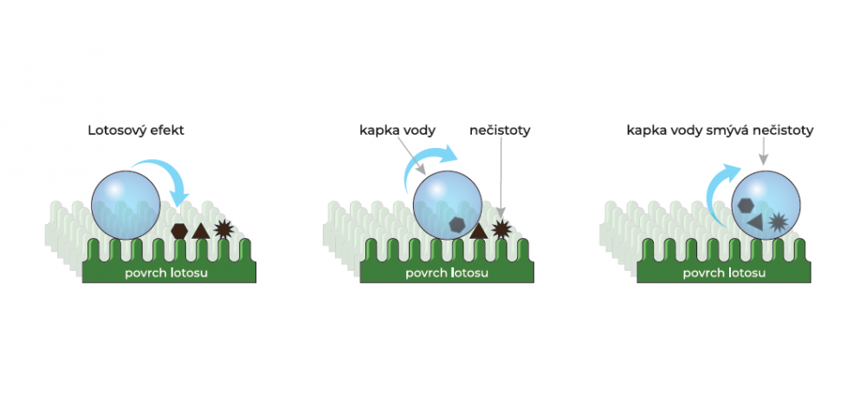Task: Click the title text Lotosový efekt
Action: pyautogui.click(x=135, y=131)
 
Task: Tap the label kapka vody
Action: pyautogui.click(x=397, y=131)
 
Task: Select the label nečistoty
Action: pyautogui.click(x=500, y=131)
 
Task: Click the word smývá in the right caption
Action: pyautogui.click(x=743, y=132)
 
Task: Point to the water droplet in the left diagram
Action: pyautogui.click(x=126, y=205)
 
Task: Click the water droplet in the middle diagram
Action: pyautogui.click(x=448, y=205)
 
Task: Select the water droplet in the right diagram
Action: pyautogui.click(x=766, y=205)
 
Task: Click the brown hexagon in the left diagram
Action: pyautogui.click(x=179, y=231)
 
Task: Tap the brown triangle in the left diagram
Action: pyautogui.click(x=201, y=230)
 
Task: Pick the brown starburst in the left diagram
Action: pyautogui.click(x=223, y=229)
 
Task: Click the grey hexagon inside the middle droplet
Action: pyautogui.click(x=456, y=224)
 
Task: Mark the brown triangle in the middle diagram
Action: pyautogui.click(x=478, y=231)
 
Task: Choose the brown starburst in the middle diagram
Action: pyautogui.click(x=501, y=229)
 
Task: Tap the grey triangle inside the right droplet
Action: pyautogui.click(x=755, y=221)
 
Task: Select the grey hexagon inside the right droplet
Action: pyautogui.click(x=746, y=205)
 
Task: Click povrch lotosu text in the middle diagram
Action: pyautogui.click(x=447, y=273)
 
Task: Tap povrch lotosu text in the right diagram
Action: pyautogui.click(x=724, y=273)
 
